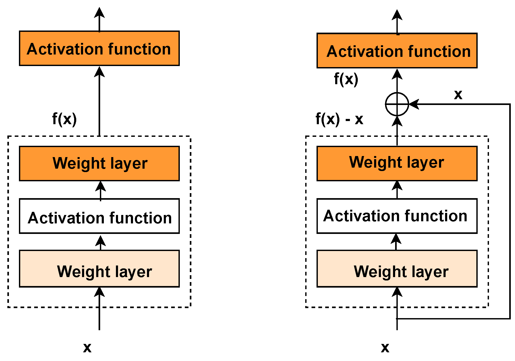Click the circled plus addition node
point(397,104)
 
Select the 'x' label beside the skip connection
point(458,94)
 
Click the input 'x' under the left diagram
point(87,347)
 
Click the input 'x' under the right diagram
point(385,347)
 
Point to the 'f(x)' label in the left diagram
point(64,119)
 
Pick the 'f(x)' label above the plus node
point(346,79)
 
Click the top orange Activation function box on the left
point(99,48)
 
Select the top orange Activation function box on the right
point(397,51)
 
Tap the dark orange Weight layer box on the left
point(99,163)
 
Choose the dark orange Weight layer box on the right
point(397,163)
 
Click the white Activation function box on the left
point(99,216)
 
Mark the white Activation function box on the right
point(397,216)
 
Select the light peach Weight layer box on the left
point(99,269)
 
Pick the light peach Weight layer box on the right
point(397,269)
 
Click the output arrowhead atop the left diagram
point(99,13)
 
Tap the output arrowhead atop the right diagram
point(397,15)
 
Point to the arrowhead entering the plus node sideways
point(414,104)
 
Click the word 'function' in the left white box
point(140,218)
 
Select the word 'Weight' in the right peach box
point(380,272)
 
